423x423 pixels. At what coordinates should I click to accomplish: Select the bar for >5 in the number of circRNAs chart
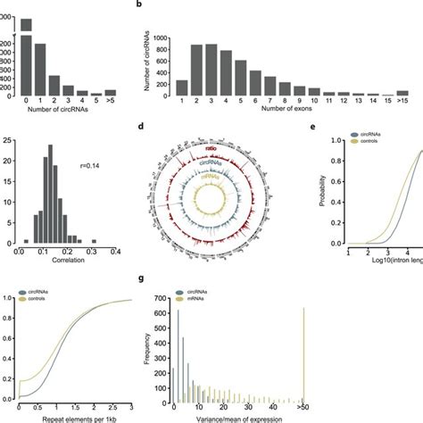coord(110,92)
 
